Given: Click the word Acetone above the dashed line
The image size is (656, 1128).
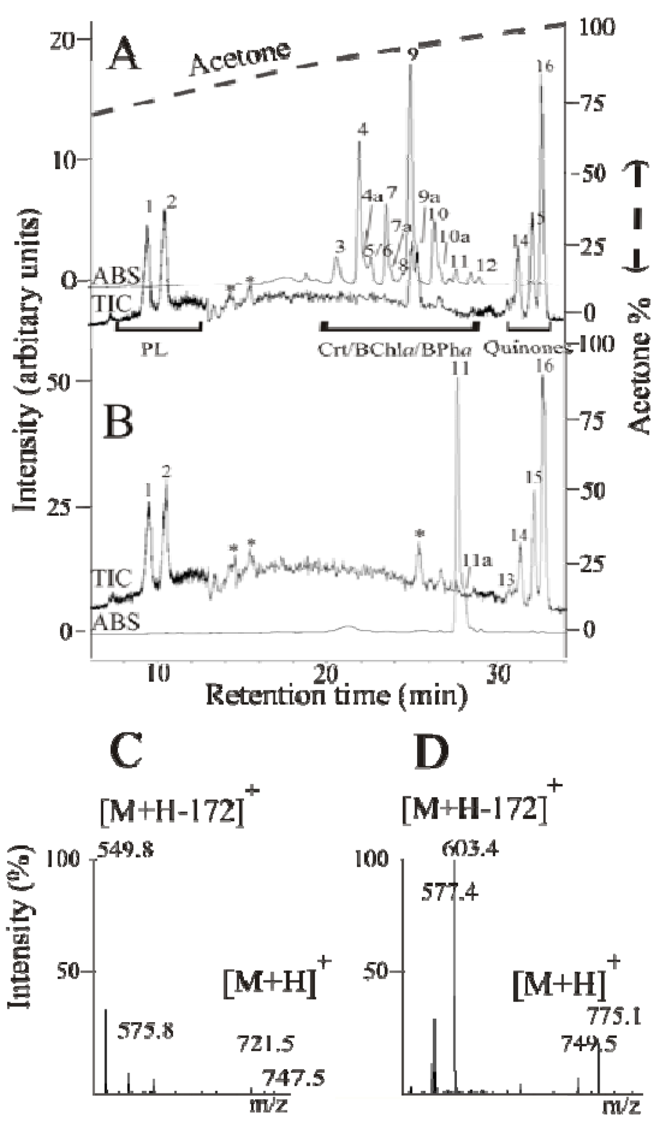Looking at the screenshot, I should click(240, 58).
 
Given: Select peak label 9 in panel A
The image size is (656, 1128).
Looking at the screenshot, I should click(413, 54).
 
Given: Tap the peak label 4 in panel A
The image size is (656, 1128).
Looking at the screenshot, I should click(363, 130).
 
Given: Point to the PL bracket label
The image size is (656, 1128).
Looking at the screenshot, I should click(154, 349).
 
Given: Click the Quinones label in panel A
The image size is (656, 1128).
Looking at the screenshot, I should click(527, 348).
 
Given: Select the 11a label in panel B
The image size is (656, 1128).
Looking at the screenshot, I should click(477, 561).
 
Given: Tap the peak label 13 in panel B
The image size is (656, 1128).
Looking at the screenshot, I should click(506, 579).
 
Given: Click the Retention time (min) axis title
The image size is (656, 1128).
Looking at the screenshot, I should click(336, 694).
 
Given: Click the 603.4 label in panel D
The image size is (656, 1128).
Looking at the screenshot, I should click(471, 849).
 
